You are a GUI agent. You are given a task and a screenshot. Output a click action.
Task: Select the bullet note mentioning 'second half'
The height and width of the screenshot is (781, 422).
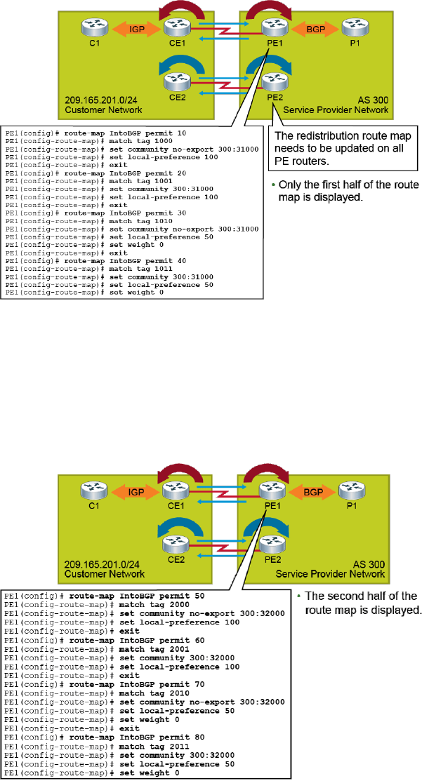point(358,602)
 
